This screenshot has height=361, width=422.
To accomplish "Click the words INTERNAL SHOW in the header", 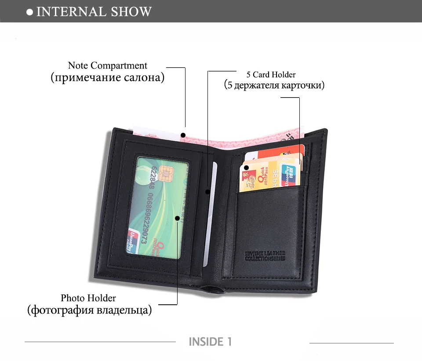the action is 94,11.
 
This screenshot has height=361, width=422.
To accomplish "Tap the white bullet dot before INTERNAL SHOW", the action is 30,12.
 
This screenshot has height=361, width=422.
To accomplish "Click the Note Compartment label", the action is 107,66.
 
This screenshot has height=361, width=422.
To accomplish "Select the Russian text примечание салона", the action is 107,78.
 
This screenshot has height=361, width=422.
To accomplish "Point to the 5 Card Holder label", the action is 271,74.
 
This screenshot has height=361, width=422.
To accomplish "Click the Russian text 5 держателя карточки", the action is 274,85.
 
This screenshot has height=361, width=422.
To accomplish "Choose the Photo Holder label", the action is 88,298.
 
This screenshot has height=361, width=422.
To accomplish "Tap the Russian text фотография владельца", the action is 89,310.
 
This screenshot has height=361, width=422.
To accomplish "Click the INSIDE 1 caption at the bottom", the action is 210,342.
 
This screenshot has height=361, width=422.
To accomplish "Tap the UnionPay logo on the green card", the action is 133,242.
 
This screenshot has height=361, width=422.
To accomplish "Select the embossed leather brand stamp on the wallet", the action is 265,255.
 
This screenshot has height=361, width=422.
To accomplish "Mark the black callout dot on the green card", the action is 178,218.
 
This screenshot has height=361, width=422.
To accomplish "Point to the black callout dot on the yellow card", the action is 247,168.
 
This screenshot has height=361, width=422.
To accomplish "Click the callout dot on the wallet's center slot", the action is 207,191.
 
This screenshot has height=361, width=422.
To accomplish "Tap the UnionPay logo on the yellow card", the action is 289,175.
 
